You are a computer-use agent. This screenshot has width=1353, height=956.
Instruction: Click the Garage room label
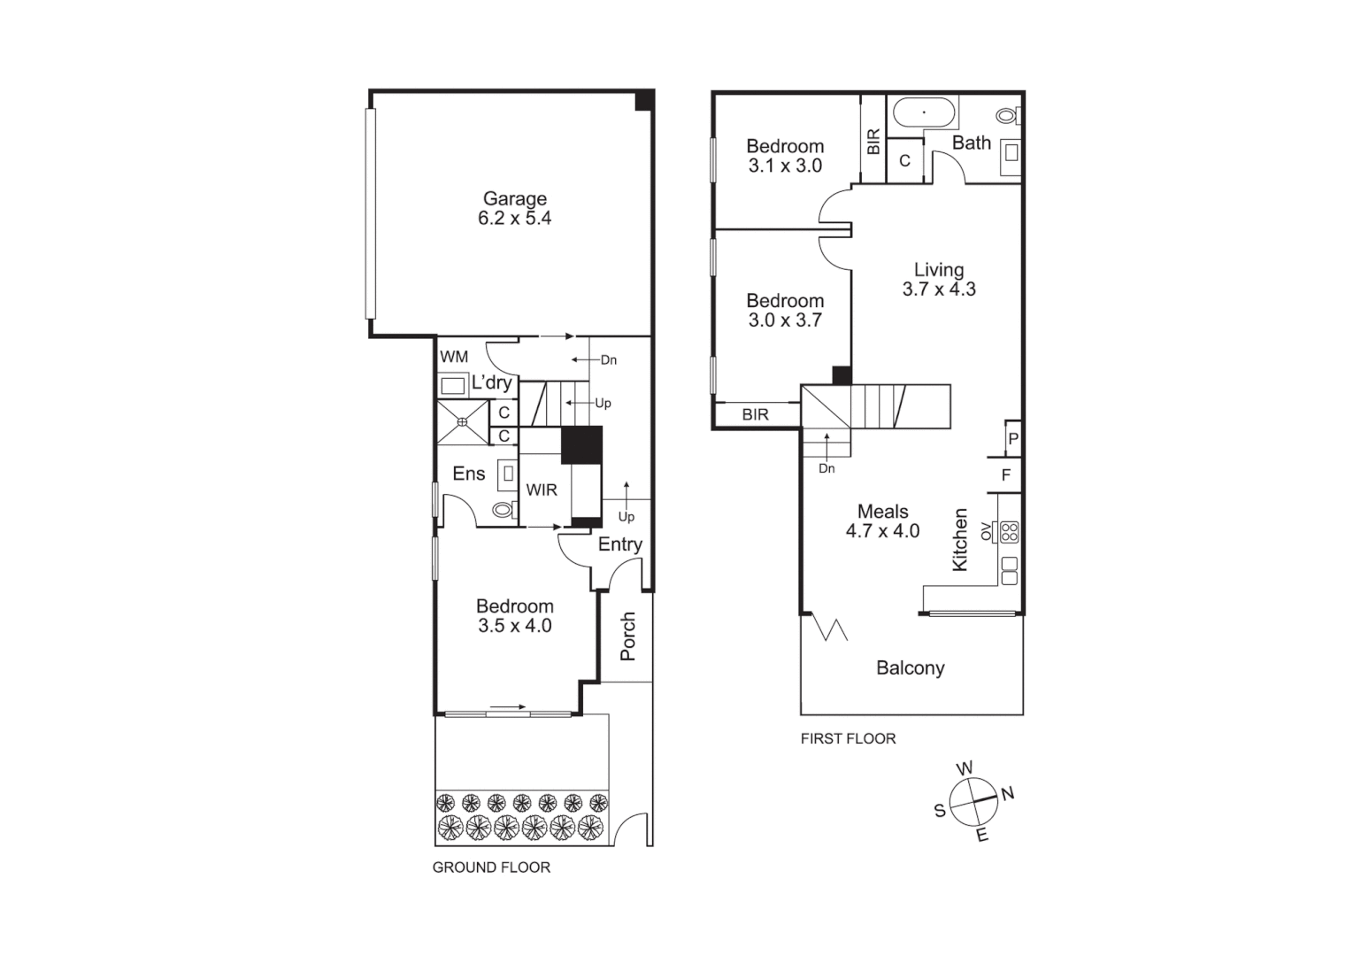click(514, 208)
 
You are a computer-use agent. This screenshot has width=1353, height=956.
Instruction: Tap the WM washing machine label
click(454, 357)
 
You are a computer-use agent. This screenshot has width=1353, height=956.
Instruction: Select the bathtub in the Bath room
click(924, 113)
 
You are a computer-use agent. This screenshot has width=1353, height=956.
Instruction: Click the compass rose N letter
click(1007, 793)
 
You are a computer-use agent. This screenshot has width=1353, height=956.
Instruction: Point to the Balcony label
click(910, 668)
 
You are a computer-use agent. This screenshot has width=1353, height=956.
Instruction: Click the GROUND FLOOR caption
click(491, 867)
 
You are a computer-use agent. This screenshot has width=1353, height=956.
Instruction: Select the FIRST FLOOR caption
click(848, 738)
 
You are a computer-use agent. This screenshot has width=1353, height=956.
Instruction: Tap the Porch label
click(627, 636)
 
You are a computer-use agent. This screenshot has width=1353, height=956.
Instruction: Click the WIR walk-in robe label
click(542, 490)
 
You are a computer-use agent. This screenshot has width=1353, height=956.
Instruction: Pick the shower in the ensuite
click(462, 422)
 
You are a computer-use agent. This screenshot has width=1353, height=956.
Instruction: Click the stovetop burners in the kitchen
click(1009, 532)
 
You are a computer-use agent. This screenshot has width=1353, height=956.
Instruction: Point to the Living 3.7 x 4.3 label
click(939, 279)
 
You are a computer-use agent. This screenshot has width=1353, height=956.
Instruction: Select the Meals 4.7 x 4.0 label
click(882, 520)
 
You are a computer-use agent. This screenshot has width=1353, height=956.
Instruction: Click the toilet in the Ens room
click(504, 509)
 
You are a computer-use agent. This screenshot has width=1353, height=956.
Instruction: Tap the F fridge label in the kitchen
click(1006, 475)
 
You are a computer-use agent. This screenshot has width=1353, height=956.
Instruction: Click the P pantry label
click(1013, 438)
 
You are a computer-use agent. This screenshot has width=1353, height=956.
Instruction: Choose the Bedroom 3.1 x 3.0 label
click(785, 155)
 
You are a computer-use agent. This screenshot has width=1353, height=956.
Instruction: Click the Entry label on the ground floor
click(619, 544)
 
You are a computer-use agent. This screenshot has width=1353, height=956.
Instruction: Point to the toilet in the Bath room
click(1007, 115)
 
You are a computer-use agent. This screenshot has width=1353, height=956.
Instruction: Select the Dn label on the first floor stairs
click(826, 468)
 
